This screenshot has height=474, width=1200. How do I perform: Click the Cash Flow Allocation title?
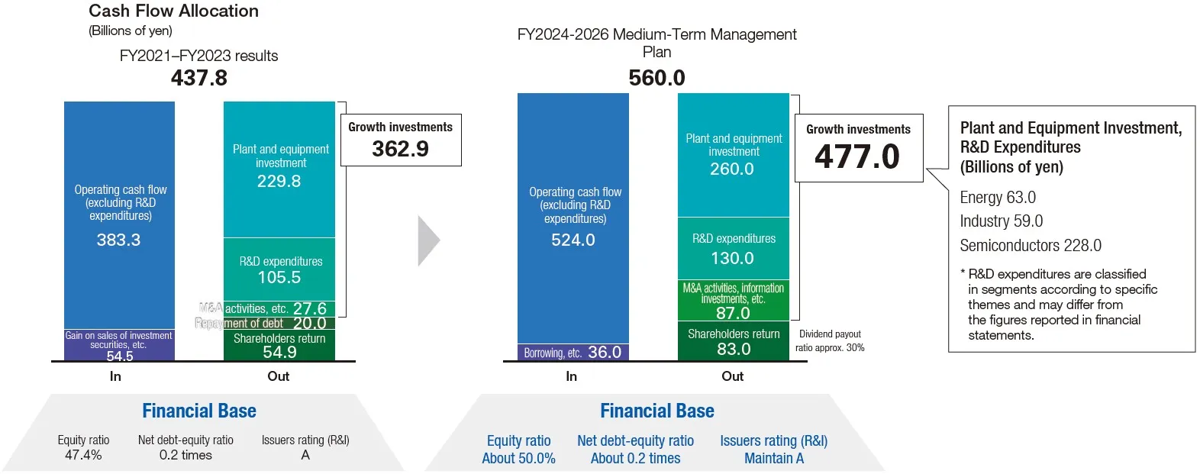[173, 11]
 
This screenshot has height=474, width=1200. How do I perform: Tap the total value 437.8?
[199, 78]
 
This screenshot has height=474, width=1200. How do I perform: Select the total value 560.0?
[656, 78]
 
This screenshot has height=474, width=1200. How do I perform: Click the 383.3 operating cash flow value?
[118, 240]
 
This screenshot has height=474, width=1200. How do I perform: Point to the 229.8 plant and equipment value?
[279, 181]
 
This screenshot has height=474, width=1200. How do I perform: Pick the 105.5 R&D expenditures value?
[279, 277]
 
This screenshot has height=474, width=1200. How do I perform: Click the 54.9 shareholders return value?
[279, 352]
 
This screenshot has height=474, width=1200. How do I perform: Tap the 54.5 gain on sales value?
[120, 356]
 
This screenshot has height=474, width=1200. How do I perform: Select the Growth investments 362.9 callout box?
[400, 140]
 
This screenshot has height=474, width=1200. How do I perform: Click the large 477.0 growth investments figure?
[857, 157]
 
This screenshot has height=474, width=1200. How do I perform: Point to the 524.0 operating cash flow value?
[573, 240]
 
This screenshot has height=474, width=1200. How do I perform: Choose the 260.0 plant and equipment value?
[732, 169]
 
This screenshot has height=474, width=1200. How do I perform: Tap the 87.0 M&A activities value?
[733, 313]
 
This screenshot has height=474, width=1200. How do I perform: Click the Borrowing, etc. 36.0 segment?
[573, 353]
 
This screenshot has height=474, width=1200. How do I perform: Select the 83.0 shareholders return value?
[734, 349]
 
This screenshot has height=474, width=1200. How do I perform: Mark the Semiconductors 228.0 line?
[1030, 246]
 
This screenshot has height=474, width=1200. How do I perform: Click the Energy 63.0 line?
[998, 198]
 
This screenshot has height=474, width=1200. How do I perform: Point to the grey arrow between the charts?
[428, 240]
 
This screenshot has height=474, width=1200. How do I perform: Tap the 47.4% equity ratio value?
[83, 455]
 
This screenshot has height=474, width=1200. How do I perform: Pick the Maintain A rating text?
[774, 458]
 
